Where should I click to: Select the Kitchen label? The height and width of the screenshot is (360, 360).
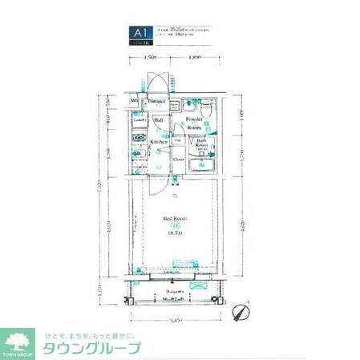pyautogui.click(x=159, y=142)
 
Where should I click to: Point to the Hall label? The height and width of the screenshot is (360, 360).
pyautogui.click(x=159, y=120)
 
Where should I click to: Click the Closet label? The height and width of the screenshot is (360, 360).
pyautogui.click(x=179, y=159)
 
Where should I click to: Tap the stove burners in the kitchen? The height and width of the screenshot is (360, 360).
pyautogui.click(x=137, y=138)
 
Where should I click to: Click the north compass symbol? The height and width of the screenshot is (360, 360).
pyautogui.click(x=239, y=309)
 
